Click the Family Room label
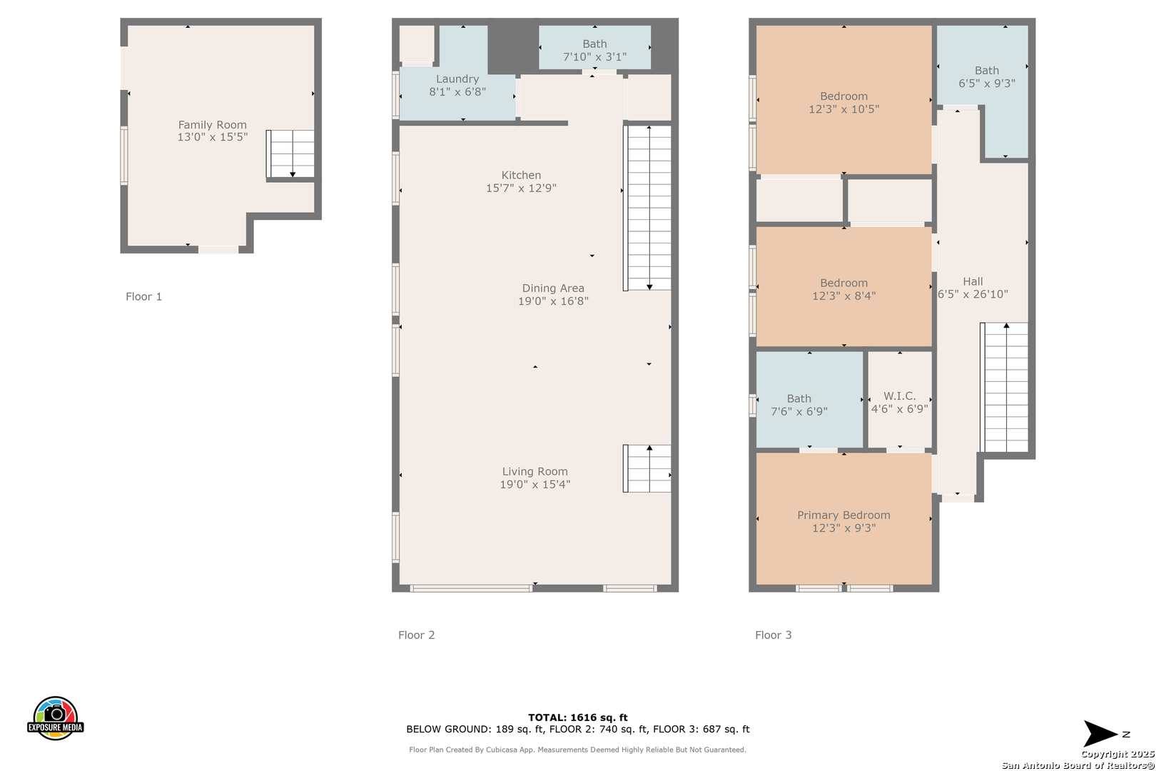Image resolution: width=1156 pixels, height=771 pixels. click(212, 124)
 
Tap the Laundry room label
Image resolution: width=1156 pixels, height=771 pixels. click(457, 79)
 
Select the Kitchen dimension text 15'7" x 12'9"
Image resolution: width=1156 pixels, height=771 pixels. click(521, 188)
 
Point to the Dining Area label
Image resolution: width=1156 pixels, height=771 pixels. click(553, 288)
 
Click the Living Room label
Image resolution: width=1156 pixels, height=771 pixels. click(534, 471)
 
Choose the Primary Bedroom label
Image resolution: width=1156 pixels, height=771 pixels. click(843, 515)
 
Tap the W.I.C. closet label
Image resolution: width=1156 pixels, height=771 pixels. click(900, 396)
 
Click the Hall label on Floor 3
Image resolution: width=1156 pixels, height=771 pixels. click(973, 281)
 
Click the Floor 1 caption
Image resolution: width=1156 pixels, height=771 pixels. click(143, 296)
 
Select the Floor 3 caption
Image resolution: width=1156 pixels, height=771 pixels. click(773, 635)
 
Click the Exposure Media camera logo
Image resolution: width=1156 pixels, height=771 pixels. click(55, 718)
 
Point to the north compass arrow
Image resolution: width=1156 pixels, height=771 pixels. click(1100, 734)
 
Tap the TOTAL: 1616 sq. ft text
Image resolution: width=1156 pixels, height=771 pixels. click(577, 717)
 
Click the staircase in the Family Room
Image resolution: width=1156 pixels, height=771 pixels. click(290, 154)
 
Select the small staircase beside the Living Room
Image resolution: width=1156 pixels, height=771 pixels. click(647, 468)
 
